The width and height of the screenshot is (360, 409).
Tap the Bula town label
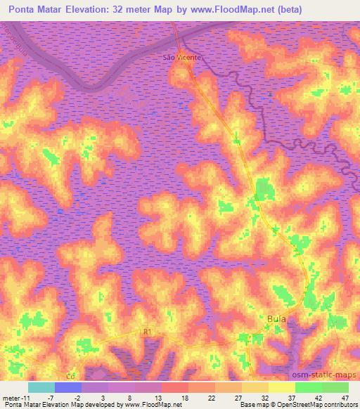click(276, 319)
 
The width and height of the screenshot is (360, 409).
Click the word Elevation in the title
click(89, 10)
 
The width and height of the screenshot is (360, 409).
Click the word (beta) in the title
click(331, 10)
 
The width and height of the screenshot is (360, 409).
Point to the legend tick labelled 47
click(345, 397)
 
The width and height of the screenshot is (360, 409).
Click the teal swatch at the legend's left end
click(41, 387)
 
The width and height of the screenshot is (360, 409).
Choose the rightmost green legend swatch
click(335, 387)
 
